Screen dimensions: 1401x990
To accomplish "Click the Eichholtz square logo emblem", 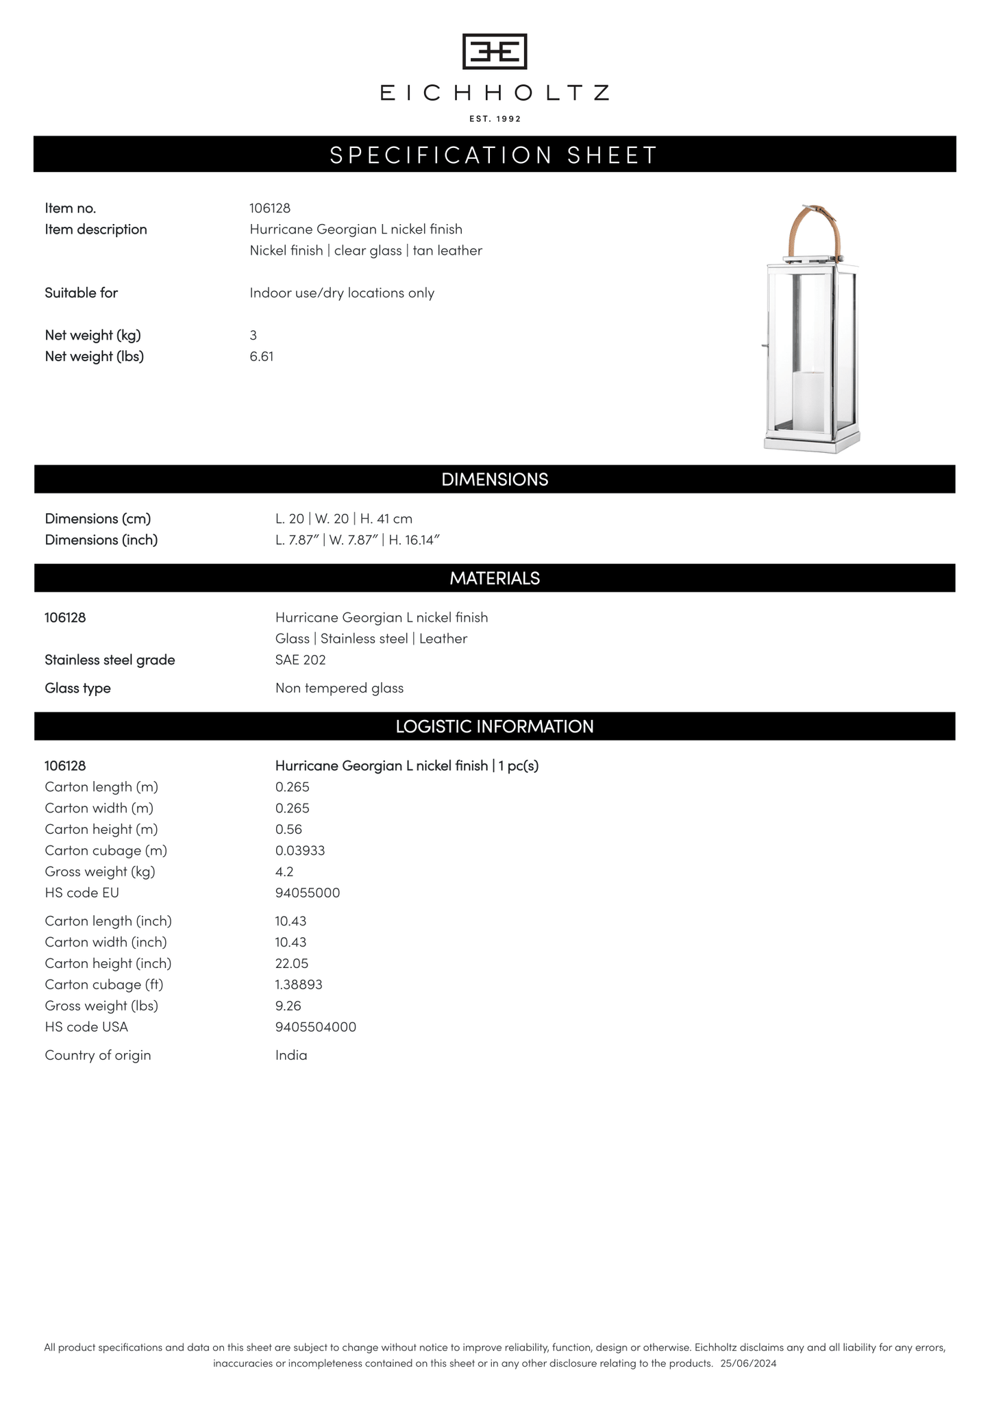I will pyautogui.click(x=495, y=51).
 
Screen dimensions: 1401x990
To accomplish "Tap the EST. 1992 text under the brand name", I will pyautogui.click(x=495, y=119).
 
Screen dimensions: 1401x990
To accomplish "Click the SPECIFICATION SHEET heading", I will pyautogui.click(x=495, y=155).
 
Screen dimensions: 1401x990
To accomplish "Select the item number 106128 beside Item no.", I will pyautogui.click(x=270, y=208).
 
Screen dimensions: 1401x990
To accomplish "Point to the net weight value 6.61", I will pyautogui.click(x=262, y=356).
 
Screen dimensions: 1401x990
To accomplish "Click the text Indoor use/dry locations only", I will pyautogui.click(x=342, y=293).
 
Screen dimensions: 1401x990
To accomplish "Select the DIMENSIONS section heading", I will pyautogui.click(x=495, y=480).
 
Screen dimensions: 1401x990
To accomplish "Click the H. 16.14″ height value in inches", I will pyautogui.click(x=414, y=540).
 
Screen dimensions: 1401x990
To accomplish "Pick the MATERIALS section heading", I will pyautogui.click(x=495, y=578).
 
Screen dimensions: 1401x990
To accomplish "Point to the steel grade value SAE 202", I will pyautogui.click(x=300, y=660).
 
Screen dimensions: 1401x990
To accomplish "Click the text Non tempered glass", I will pyautogui.click(x=339, y=688).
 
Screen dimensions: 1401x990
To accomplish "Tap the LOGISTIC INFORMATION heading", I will pyautogui.click(x=495, y=726).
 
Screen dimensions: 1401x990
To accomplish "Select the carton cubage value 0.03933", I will pyautogui.click(x=300, y=850).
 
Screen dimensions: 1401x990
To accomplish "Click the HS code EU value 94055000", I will pyautogui.click(x=308, y=893).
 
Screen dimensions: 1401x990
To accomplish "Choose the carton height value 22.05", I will pyautogui.click(x=292, y=963).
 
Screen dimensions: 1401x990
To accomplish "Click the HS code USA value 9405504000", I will pyautogui.click(x=316, y=1027).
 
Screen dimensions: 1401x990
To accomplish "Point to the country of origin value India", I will pyautogui.click(x=291, y=1055).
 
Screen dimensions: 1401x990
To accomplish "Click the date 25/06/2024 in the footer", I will pyautogui.click(x=749, y=1363).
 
